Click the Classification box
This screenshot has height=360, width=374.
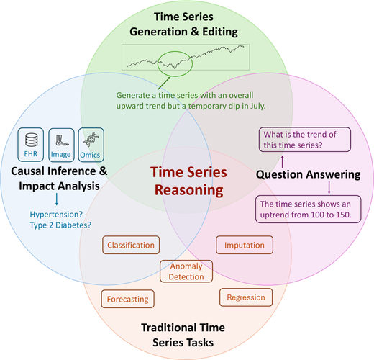(131, 245)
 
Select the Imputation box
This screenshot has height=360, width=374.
(245, 245)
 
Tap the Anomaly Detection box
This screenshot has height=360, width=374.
(186, 271)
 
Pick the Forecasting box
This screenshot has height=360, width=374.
(127, 299)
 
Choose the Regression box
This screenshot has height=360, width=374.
(246, 297)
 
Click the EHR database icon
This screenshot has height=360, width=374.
(32, 140)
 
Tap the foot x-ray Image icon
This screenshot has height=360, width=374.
(62, 140)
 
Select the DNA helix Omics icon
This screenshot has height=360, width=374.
(91, 140)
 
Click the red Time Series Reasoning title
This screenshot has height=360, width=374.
(188, 181)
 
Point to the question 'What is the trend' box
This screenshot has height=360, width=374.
(305, 140)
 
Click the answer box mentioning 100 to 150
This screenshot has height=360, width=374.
(308, 209)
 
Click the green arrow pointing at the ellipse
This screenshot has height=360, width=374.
(164, 83)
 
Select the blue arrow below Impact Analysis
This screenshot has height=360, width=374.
(57, 199)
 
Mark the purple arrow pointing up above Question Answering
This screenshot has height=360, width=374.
(283, 161)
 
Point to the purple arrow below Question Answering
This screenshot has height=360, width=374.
(329, 187)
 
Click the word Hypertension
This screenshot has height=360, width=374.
(56, 214)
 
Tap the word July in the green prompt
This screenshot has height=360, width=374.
(258, 106)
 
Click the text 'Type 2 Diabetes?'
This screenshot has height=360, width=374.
(60, 225)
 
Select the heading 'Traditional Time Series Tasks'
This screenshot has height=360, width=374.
(183, 335)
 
